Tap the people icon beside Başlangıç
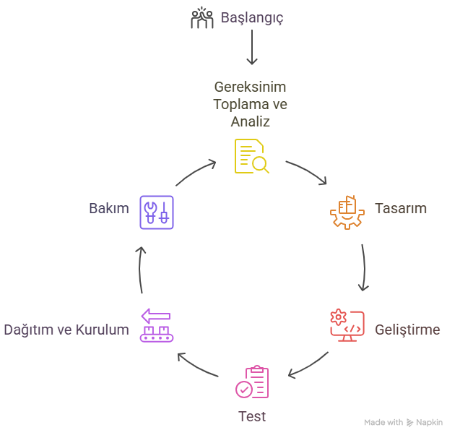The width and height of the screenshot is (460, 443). click(x=201, y=18)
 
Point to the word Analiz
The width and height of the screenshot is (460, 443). click(x=250, y=121)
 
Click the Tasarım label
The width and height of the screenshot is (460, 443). click(x=400, y=208)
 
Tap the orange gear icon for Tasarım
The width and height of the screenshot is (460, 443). click(x=347, y=209)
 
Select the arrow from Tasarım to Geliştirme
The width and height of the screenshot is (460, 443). click(x=363, y=266)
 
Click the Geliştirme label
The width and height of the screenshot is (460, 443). click(x=407, y=330)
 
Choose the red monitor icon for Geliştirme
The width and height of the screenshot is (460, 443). click(x=347, y=325)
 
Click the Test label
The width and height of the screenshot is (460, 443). click(x=252, y=416)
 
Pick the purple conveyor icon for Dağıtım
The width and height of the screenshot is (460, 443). click(x=156, y=325)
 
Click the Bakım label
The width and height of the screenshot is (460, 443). click(x=108, y=208)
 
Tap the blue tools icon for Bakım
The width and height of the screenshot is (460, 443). click(x=157, y=211)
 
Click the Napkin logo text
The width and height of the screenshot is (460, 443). click(x=429, y=423)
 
